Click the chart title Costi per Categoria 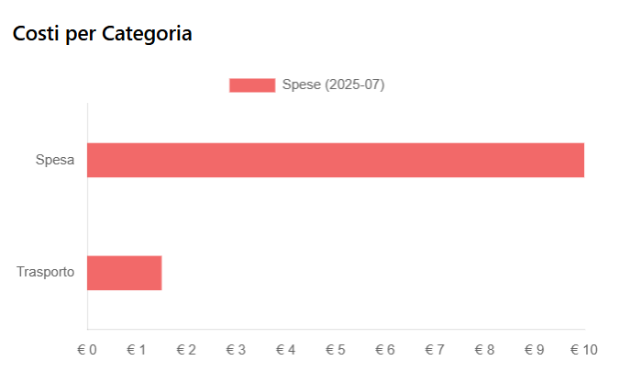pyautogui.click(x=102, y=34)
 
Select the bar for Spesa pyautogui.click(x=336, y=160)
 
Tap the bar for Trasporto pyautogui.click(x=124, y=273)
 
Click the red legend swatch pyautogui.click(x=252, y=85)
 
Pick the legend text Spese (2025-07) pyautogui.click(x=333, y=85)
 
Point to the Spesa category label pyautogui.click(x=55, y=161)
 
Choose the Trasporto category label pyautogui.click(x=46, y=273)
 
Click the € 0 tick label pyautogui.click(x=87, y=350)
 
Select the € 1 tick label pyautogui.click(x=137, y=350)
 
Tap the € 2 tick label pyautogui.click(x=186, y=350)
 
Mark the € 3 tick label pyautogui.click(x=236, y=350)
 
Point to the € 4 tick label pyautogui.click(x=286, y=350)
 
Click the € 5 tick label pyautogui.click(x=336, y=350)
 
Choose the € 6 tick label pyautogui.click(x=385, y=350)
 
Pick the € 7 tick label pyautogui.click(x=435, y=350)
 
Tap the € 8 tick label pyautogui.click(x=484, y=350)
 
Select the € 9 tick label pyautogui.click(x=535, y=350)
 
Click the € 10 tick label pyautogui.click(x=583, y=350)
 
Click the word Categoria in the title pyautogui.click(x=147, y=34)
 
